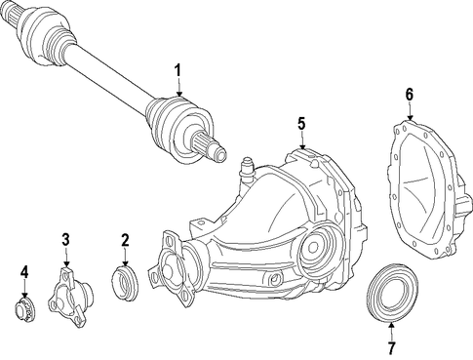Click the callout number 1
[177, 70]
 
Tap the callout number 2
[125, 240]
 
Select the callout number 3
[65, 240]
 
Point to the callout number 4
[24, 272]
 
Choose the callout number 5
[301, 124]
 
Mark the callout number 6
[409, 95]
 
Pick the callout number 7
[391, 348]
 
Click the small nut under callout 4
[25, 308]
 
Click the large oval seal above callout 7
[392, 294]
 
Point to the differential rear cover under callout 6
[429, 192]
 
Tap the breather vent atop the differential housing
[246, 171]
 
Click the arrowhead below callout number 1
[178, 94]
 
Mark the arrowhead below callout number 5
[302, 146]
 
